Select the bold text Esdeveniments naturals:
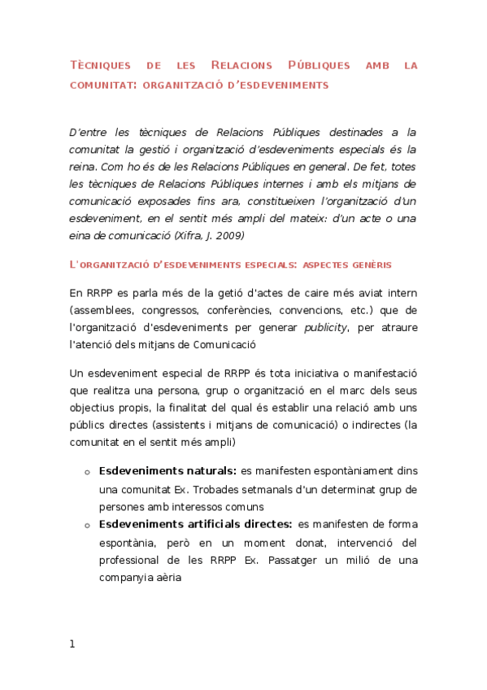pos(167,470)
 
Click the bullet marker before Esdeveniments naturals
pos(86,472)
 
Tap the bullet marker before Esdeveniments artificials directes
pos(86,526)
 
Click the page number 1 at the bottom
pos(72,644)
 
